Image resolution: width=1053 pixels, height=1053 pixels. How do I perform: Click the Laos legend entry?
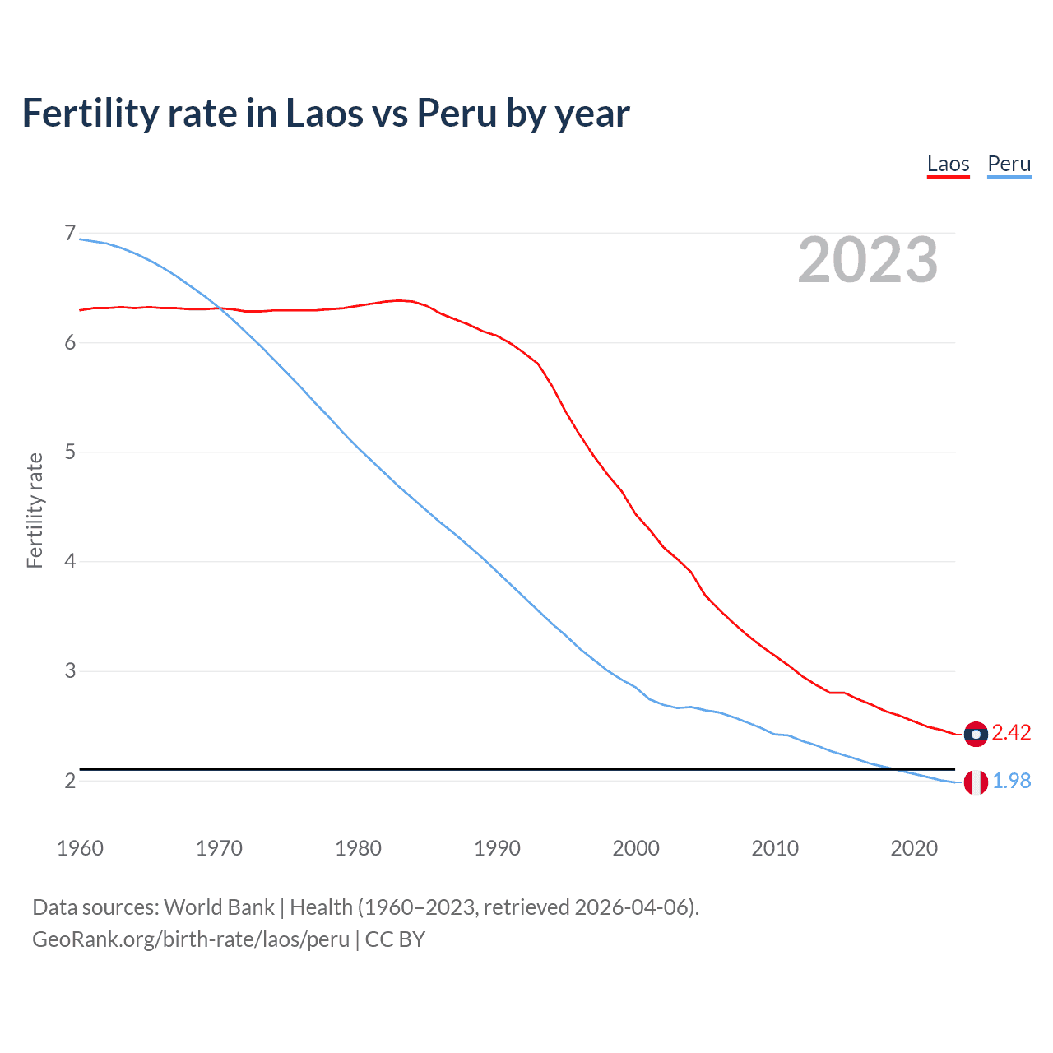[x=948, y=164]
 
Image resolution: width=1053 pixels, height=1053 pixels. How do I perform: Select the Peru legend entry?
[x=1009, y=164]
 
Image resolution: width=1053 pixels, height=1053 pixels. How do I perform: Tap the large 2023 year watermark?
[x=868, y=260]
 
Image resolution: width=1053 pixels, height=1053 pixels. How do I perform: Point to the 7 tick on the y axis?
[x=70, y=234]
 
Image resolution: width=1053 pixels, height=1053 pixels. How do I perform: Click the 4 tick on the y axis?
[x=70, y=562]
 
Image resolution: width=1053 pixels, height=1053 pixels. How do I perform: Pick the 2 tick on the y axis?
[x=70, y=781]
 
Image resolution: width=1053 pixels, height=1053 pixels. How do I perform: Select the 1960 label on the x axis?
[x=80, y=848]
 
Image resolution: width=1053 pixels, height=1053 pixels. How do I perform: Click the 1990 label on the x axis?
[x=497, y=848]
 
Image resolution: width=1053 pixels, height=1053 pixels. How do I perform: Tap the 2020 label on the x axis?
[x=914, y=848]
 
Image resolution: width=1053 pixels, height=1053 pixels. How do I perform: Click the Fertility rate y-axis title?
[x=35, y=510]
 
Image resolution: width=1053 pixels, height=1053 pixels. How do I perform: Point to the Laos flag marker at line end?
[x=976, y=734]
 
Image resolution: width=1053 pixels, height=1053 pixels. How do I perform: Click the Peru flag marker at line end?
[x=976, y=782]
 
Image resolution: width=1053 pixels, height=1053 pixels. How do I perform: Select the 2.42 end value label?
[x=1011, y=732]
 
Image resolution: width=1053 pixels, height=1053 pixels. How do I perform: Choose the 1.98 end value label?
[x=1011, y=781]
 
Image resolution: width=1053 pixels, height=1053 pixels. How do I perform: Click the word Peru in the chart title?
[x=457, y=113]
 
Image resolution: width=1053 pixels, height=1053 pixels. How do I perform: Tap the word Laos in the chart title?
[x=323, y=113]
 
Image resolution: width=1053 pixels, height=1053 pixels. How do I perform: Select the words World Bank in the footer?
[x=219, y=907]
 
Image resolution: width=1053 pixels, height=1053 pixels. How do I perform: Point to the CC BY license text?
[x=395, y=939]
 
